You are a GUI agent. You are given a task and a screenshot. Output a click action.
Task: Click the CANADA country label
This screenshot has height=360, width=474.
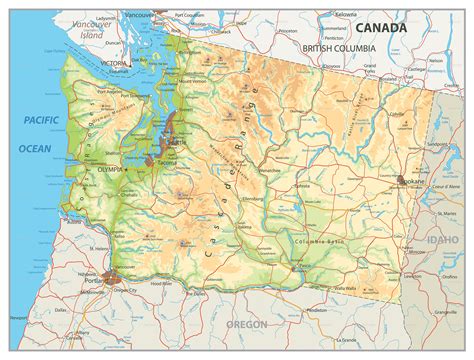coord(383,27)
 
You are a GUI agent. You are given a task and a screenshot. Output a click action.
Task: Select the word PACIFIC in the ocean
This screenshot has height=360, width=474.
coord(37,120)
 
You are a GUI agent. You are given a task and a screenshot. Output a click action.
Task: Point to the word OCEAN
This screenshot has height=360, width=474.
coord(36,147)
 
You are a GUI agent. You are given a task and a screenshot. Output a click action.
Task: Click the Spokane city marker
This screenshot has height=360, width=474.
coord(403,182)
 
